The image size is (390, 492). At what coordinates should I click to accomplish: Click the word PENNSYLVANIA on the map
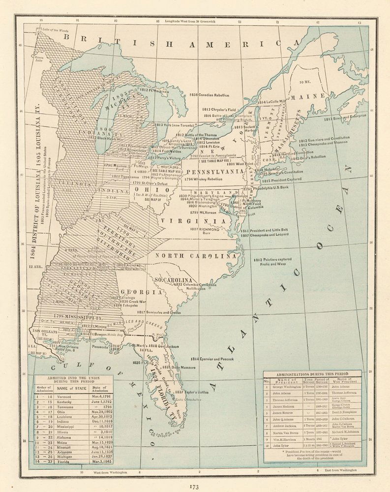point(214,171)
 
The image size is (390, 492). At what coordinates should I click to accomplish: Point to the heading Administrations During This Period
point(312,374)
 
